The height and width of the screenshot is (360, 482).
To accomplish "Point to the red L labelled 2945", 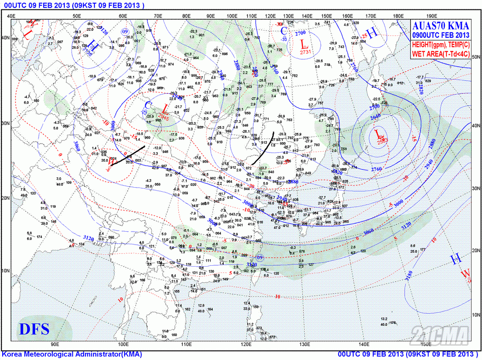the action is pos(165,109).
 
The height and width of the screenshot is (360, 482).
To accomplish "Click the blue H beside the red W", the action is pos(455,259).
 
